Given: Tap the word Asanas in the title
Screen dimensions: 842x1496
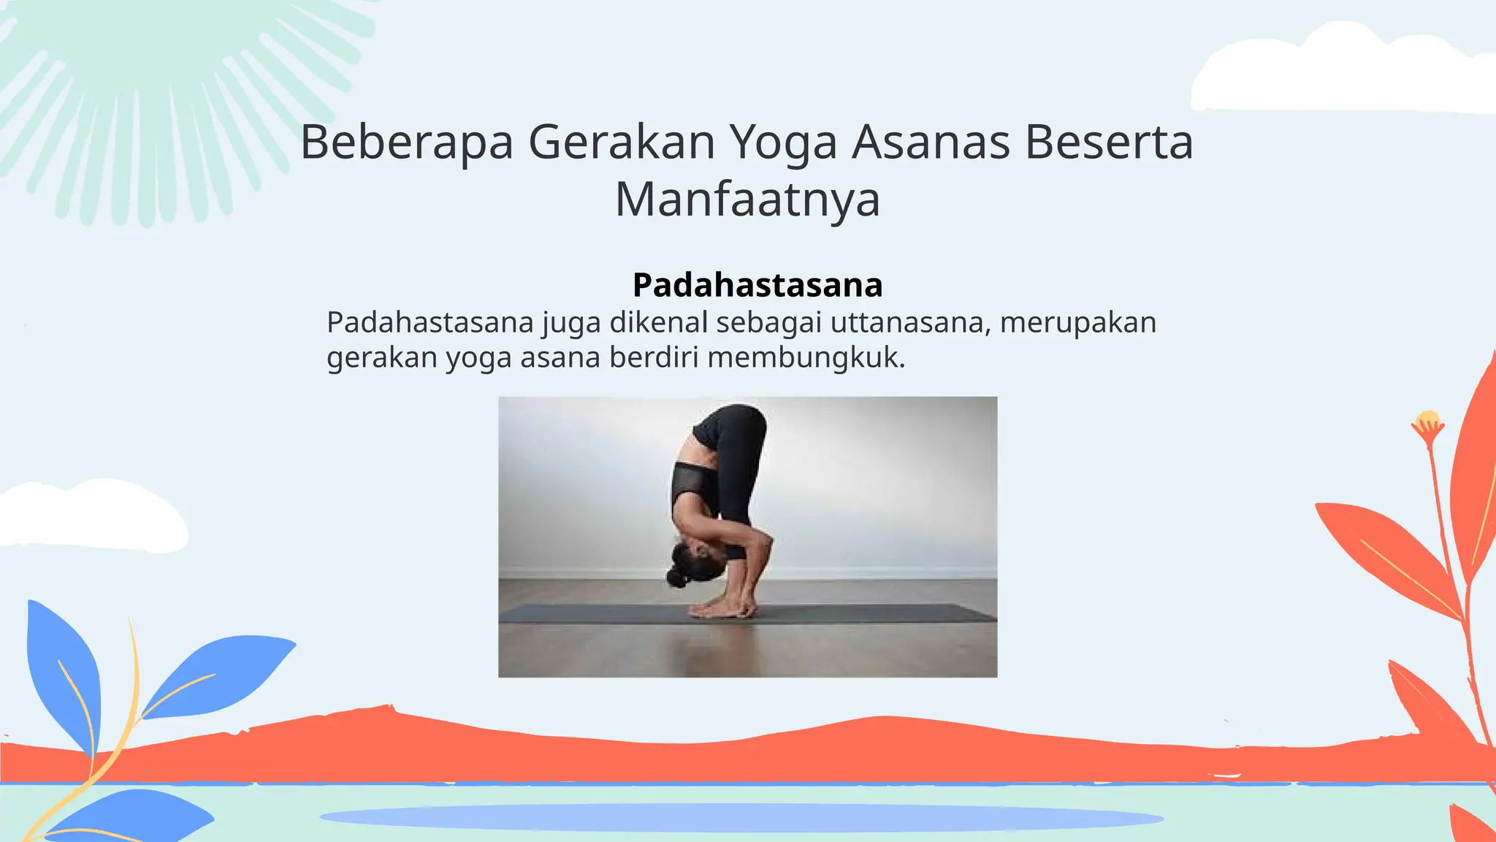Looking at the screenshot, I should [x=931, y=142].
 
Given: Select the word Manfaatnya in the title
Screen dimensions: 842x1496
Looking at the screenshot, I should [x=748, y=199].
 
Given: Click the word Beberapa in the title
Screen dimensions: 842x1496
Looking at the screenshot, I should [x=407, y=142].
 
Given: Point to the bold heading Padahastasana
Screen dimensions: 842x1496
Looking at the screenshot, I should [x=757, y=285].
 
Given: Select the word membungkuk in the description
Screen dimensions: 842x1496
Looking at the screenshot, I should [x=806, y=357].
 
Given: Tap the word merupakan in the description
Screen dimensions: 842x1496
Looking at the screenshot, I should [x=1078, y=322].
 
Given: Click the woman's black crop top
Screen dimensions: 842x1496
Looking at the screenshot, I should [x=691, y=484].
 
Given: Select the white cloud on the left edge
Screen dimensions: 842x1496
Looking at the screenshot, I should [x=88, y=515].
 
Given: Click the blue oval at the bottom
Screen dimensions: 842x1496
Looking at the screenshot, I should [x=741, y=817].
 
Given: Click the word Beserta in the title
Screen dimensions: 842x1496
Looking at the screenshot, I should [x=1109, y=142].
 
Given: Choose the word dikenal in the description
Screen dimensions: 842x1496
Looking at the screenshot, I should [x=659, y=322].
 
